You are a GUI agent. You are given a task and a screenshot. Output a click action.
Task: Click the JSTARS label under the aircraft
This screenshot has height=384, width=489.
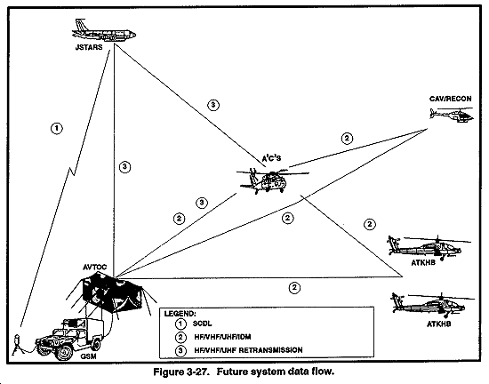[89, 47]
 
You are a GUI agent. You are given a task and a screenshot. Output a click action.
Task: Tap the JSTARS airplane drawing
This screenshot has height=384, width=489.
[104, 30]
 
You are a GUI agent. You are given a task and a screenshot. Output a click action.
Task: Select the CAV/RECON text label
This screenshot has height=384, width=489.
[451, 99]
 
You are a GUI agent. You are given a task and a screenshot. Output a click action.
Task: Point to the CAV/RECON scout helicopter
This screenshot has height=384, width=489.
[452, 115]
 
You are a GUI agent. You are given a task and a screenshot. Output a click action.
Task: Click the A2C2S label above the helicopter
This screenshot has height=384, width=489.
[271, 158]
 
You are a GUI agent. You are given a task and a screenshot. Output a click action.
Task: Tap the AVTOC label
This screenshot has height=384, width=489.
[95, 268]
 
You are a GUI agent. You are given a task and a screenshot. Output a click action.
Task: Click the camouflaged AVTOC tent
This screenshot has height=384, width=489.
[112, 292]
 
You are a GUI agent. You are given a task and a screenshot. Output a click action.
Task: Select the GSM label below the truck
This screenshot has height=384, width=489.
[88, 356]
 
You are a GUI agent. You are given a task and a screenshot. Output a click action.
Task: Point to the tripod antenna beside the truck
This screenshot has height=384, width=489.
[17, 345]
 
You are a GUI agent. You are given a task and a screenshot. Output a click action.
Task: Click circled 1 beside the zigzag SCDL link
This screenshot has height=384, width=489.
[56, 128]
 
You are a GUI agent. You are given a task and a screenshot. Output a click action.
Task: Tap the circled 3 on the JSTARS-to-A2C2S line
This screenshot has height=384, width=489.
[213, 105]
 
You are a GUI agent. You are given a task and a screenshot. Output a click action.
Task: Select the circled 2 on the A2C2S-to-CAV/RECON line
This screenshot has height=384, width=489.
[347, 139]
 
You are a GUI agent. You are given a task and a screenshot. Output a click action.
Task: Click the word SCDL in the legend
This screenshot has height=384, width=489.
[202, 324]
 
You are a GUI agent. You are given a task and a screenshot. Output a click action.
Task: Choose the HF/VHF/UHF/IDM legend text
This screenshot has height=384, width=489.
[222, 337]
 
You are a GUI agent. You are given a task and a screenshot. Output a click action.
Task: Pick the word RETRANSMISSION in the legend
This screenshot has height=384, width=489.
[270, 350]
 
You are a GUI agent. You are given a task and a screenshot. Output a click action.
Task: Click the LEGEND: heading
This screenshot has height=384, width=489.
[180, 314]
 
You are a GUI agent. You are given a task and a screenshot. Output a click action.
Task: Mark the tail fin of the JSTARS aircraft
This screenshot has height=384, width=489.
[80, 24]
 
